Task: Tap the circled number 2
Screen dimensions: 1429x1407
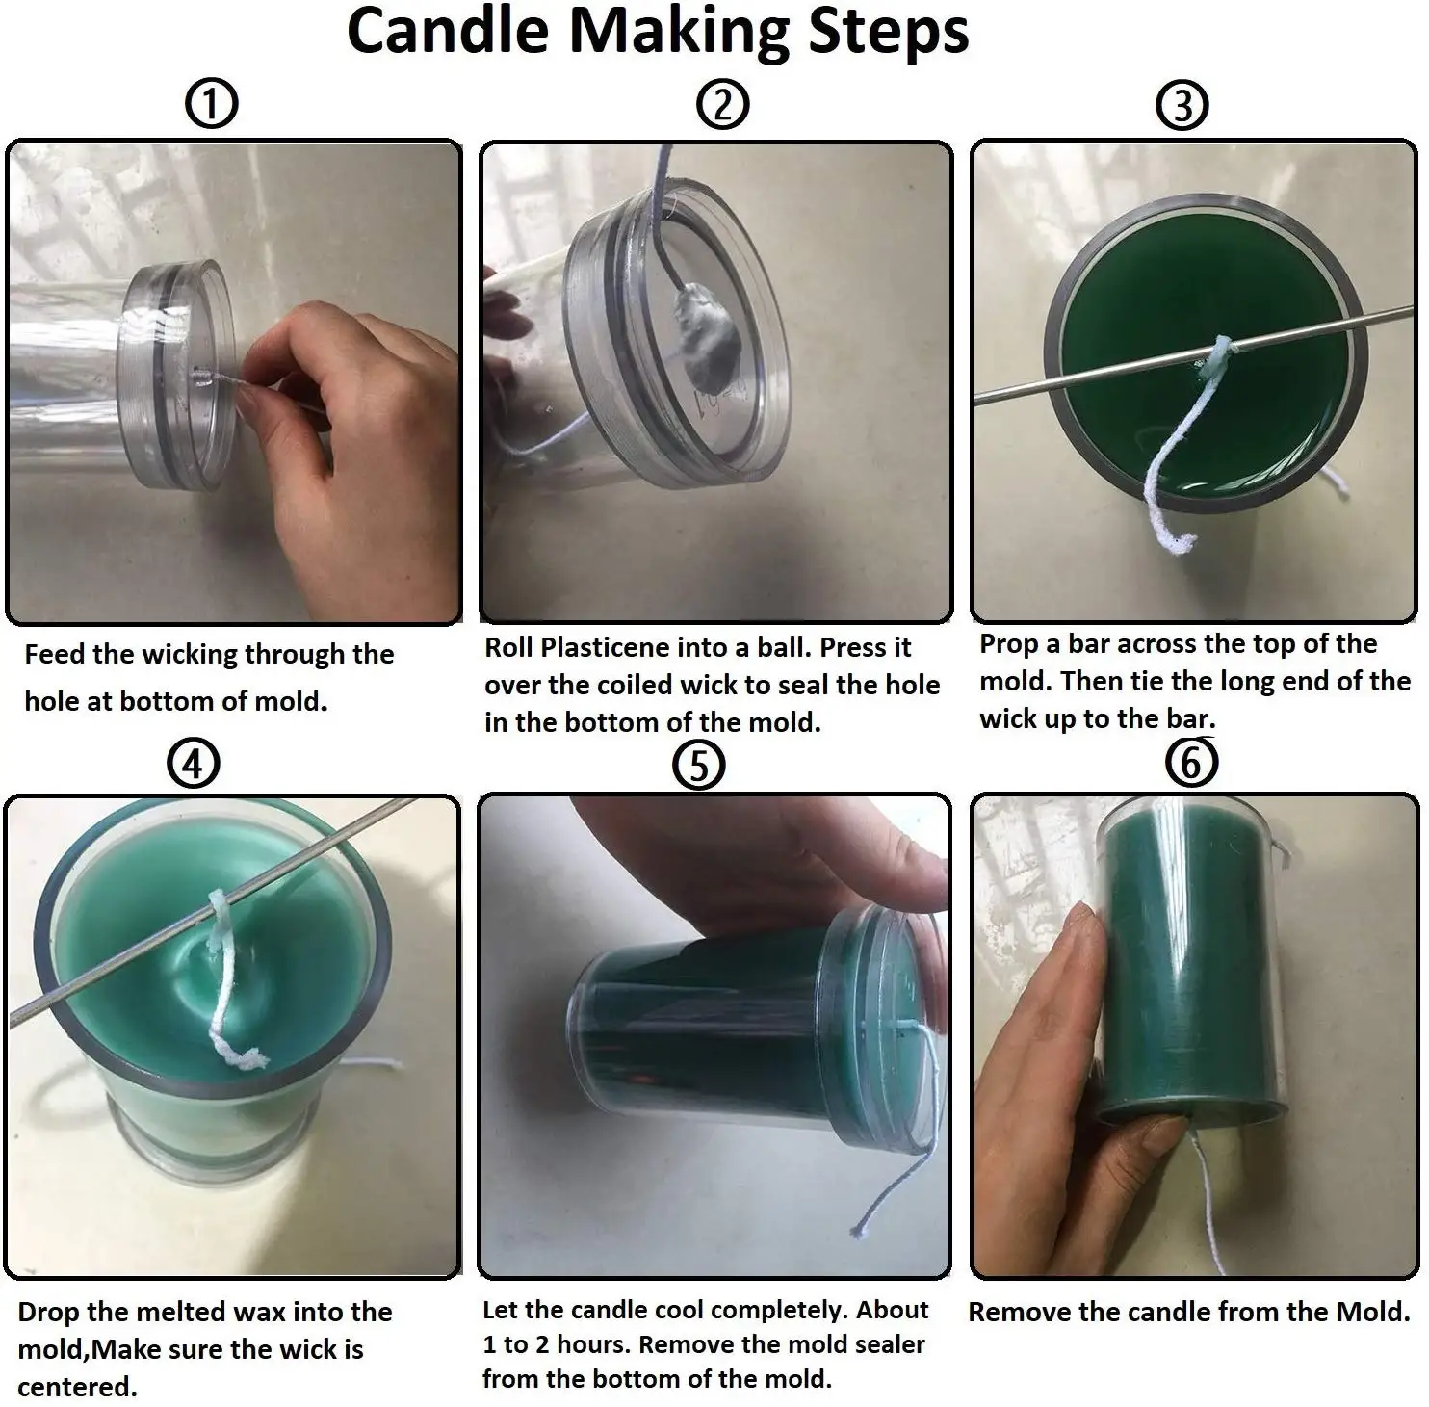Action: (723, 104)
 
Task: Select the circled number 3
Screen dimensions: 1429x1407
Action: (1182, 105)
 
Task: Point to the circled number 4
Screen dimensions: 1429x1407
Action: (194, 766)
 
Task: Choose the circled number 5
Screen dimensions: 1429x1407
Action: (699, 767)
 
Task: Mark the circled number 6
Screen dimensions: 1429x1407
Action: (1192, 764)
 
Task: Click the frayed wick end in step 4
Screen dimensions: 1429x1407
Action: (248, 1058)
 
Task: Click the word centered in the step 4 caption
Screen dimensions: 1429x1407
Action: (77, 1388)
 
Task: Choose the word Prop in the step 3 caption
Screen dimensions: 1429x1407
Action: (1010, 645)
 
